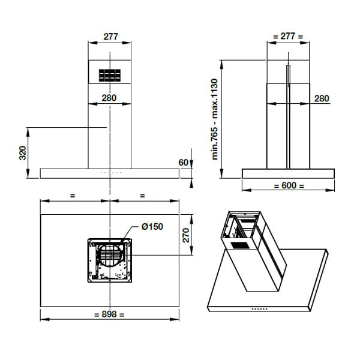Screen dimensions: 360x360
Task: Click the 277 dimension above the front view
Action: [110, 37]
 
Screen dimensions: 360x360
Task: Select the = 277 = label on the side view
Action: [288, 37]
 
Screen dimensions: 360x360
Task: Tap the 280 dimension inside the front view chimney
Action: [109, 98]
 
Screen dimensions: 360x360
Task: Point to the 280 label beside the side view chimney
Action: [322, 98]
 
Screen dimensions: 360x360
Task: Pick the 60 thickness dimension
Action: [184, 163]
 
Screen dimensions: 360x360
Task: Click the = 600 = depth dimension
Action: [289, 185]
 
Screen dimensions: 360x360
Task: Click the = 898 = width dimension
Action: [109, 314]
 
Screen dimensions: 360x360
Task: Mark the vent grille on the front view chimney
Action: [109, 76]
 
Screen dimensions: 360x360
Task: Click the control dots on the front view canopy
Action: [110, 172]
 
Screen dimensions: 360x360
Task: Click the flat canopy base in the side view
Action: [288, 173]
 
